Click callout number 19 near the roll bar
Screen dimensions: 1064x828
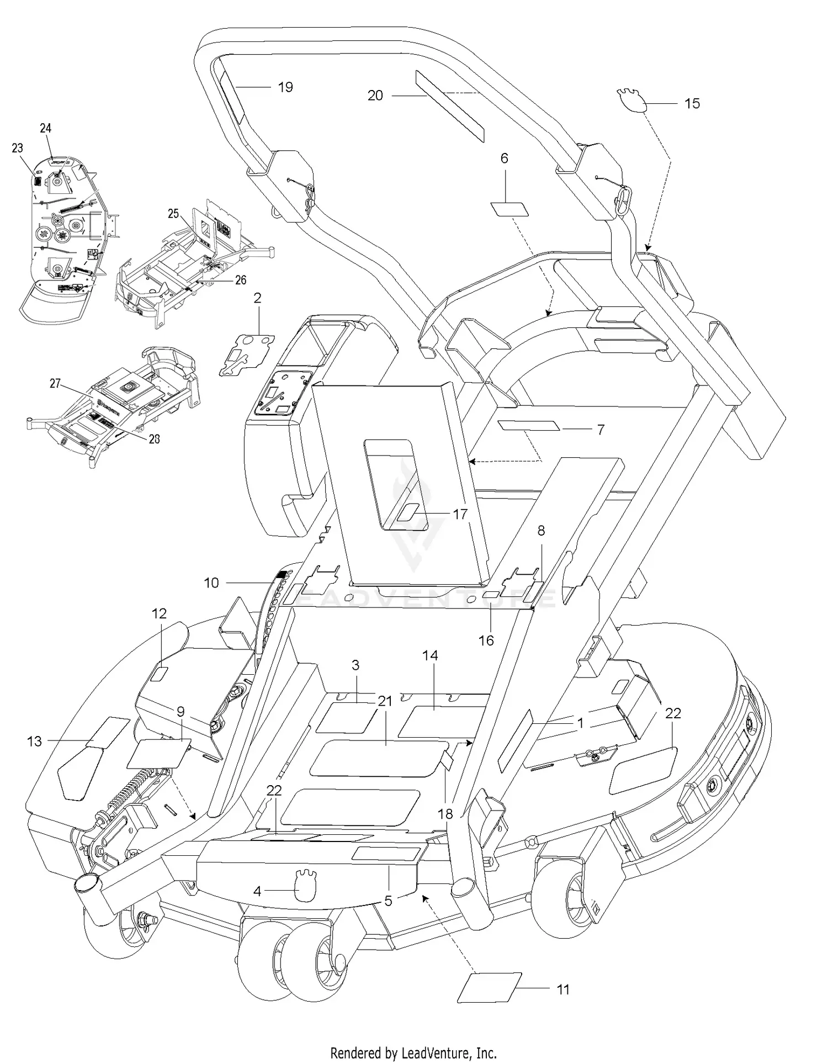(x=285, y=87)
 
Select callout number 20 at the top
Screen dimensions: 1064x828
(x=375, y=96)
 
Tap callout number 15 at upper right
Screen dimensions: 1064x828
(x=692, y=103)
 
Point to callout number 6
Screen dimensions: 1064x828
(x=504, y=158)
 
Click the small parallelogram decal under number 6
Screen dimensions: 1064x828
(x=509, y=209)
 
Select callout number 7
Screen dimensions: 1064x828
(x=601, y=429)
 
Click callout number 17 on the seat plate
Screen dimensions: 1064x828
(x=460, y=514)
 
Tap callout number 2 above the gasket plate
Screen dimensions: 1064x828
(x=257, y=298)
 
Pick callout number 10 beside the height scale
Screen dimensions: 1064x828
(x=211, y=583)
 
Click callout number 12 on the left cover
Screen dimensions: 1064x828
(x=159, y=613)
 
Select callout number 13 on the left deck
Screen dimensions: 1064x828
(x=34, y=741)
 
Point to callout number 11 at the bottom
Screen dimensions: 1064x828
(x=562, y=989)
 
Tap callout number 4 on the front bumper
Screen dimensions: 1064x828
(x=257, y=891)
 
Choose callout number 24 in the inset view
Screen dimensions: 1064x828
(x=46, y=128)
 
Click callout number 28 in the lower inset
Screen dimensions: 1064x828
(x=155, y=438)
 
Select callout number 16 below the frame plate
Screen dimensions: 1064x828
(x=486, y=640)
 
